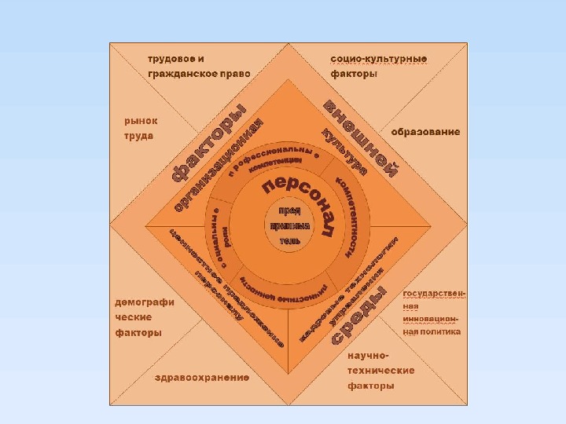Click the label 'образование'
point(425,132)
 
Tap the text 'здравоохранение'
point(202,377)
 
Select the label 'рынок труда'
point(141,128)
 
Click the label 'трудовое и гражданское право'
point(200,66)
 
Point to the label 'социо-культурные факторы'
point(379,66)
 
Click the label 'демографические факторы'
point(145,317)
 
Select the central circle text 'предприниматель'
point(285,225)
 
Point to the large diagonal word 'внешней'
point(361,140)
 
